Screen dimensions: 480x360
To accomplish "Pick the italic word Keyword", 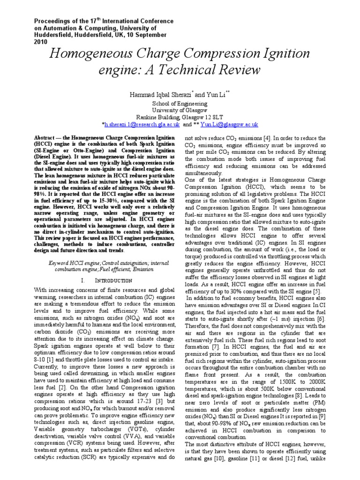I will pos(60,263).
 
